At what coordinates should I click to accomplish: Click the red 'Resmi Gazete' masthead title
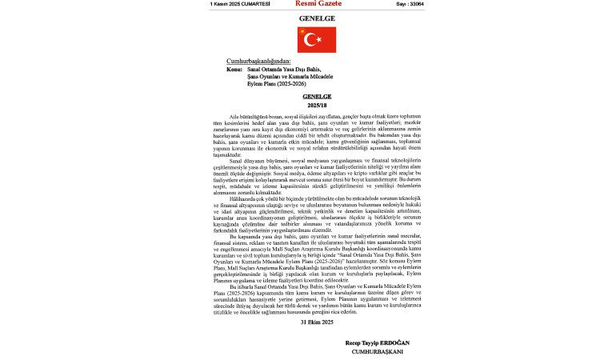317,4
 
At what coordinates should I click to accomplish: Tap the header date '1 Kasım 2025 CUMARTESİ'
240,4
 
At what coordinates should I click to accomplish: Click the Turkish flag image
317,39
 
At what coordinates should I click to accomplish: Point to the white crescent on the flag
311,39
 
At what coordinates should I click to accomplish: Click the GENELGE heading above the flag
317,18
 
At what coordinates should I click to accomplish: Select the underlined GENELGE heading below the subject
317,95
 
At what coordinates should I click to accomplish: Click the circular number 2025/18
317,103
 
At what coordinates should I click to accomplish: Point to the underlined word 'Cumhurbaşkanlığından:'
258,61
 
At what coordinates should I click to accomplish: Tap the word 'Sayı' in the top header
402,4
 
